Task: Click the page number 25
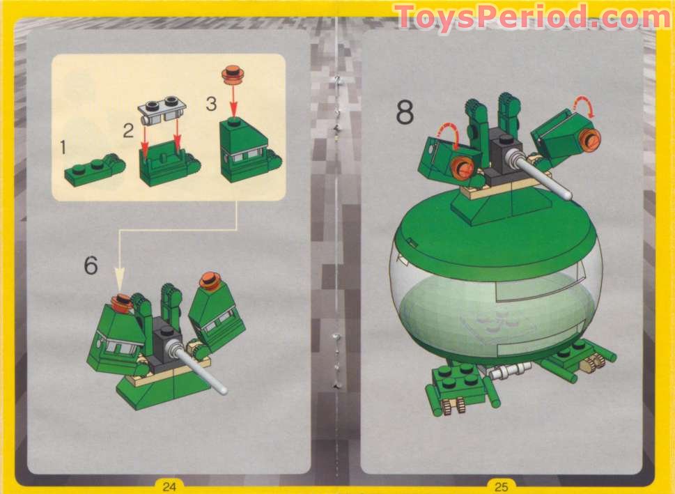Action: point(502,486)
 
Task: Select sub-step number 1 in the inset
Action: point(63,147)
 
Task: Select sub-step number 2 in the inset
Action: point(128,130)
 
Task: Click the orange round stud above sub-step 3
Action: point(231,72)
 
